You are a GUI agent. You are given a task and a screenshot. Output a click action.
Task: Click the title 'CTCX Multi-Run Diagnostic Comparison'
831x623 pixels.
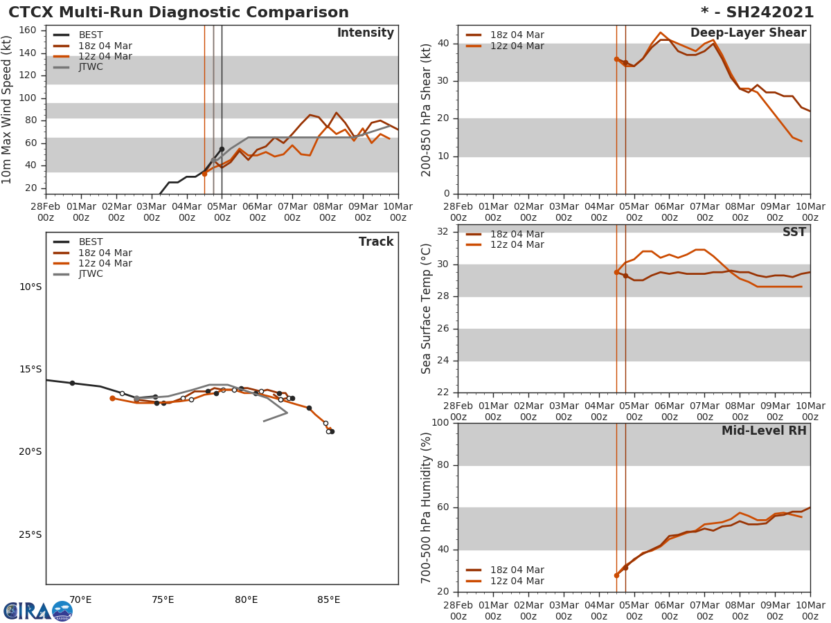179,12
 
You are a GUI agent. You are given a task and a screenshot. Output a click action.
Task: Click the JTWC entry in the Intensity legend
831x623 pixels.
91,67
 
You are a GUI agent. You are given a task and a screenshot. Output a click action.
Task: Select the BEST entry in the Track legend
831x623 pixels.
91,242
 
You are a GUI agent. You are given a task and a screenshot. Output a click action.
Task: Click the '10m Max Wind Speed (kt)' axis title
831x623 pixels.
8,109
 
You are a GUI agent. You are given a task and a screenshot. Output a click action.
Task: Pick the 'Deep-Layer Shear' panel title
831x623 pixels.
748,33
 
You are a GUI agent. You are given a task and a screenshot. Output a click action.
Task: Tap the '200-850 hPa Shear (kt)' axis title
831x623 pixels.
427,109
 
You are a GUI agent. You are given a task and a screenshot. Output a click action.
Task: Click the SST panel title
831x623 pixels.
794,233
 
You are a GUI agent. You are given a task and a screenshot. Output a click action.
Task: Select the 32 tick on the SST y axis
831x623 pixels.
443,232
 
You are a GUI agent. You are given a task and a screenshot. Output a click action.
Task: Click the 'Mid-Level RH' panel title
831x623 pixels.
764,431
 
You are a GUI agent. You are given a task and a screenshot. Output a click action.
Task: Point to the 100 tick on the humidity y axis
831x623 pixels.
440,423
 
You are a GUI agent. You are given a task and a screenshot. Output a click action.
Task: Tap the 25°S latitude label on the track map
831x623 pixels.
30,534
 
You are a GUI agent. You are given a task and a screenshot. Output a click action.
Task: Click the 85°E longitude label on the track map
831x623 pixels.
328,599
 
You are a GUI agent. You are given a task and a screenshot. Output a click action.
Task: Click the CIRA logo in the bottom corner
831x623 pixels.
38,611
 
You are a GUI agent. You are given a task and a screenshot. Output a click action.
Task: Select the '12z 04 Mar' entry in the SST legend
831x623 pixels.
517,245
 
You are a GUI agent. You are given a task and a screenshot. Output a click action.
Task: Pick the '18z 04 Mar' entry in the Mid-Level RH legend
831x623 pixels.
517,570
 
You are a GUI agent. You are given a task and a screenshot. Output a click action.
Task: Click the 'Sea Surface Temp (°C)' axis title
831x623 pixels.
427,308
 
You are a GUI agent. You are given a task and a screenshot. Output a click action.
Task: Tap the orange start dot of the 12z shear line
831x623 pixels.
616,60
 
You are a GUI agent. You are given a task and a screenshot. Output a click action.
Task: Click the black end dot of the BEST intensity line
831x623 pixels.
222,149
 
